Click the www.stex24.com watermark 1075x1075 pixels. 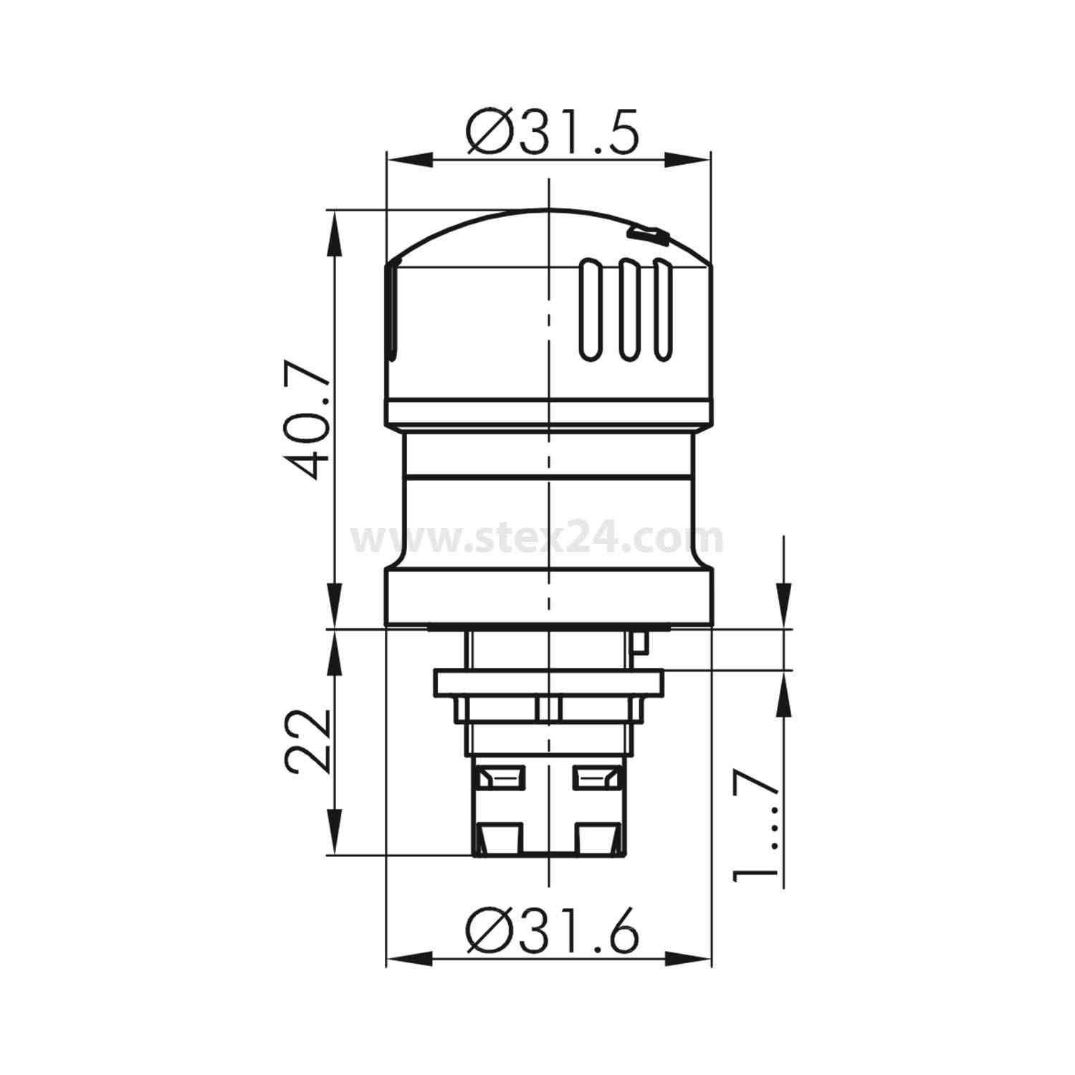pyautogui.click(x=537, y=539)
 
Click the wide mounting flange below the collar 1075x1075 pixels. pyautogui.click(x=548, y=681)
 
